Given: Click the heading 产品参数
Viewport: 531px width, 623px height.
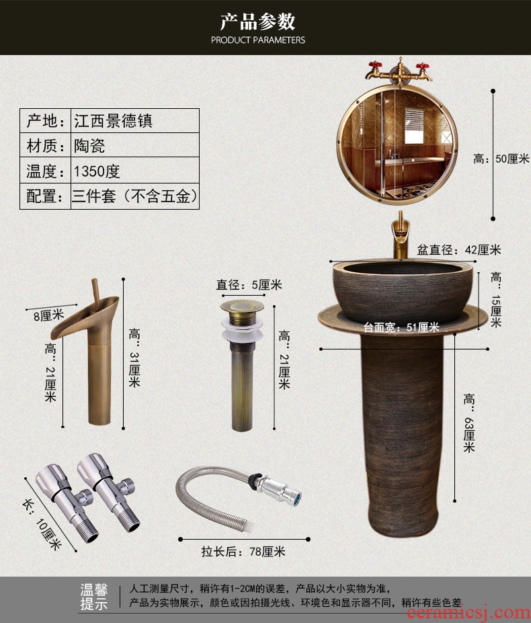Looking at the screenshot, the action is point(257,22).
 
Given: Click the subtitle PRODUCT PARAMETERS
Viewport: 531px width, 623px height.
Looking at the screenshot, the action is point(258,40).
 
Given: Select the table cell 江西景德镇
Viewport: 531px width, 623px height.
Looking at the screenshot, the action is point(114,121).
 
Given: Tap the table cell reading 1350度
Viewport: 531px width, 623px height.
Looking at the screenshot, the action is point(97,171).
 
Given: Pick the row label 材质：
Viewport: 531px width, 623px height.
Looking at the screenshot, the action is point(45,146).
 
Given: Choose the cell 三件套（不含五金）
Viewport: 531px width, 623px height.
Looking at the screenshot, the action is point(134,196).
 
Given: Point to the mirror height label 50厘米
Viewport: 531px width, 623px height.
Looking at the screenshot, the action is point(512,159).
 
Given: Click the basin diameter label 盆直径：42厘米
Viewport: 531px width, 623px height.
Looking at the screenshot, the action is point(458,250).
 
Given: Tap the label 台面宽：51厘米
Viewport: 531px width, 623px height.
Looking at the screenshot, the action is point(401,327).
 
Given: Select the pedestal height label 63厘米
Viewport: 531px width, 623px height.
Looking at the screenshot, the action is point(469,434).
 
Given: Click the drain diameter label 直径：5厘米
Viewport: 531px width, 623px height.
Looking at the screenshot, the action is point(249,284).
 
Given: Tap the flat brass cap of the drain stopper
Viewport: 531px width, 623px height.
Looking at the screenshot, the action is point(242,306).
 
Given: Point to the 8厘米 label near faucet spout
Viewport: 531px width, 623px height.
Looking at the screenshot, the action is point(48,315).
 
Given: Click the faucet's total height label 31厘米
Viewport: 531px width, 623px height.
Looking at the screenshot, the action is point(134,370).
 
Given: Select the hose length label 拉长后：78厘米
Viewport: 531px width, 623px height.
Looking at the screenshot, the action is point(243,552).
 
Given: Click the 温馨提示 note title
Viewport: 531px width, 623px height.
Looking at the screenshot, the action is point(94,596).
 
